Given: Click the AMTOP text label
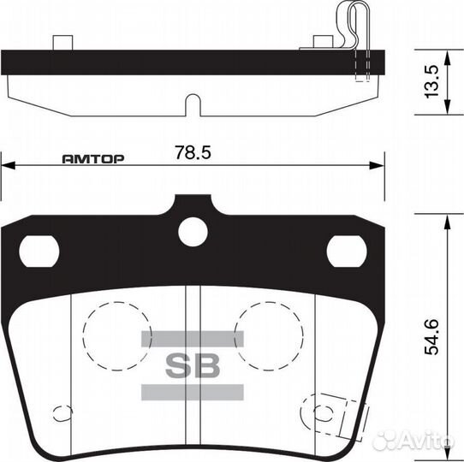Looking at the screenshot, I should point(94,159).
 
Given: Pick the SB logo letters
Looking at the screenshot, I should point(193,365).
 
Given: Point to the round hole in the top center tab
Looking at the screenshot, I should point(193,231).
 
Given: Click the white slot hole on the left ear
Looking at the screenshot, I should point(39,250).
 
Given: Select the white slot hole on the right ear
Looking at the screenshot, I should point(347,250).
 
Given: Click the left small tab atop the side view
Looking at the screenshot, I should point(62,42).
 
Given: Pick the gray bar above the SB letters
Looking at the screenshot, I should point(193,340).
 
